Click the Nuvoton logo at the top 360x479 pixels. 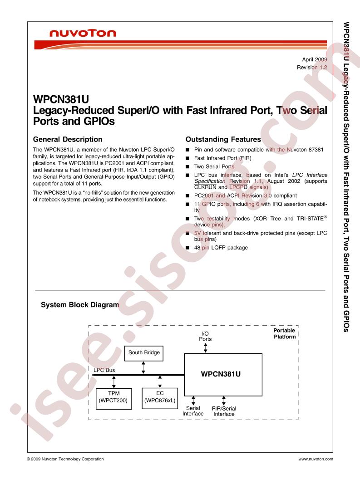coord(83,33)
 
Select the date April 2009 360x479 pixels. coord(315,59)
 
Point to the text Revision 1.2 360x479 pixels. coord(312,67)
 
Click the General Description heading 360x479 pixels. coord(68,139)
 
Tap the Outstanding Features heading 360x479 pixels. coord(223,139)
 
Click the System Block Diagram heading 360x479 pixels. coord(80,304)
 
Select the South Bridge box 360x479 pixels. coord(144,353)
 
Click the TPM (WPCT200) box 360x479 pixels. coord(114,399)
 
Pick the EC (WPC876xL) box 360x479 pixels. coord(160,398)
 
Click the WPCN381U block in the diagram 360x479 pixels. coord(223,375)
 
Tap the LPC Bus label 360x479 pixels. coord(104,370)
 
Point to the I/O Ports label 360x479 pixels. coord(205,336)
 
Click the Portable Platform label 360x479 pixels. coord(285,333)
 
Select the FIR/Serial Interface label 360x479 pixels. coord(224,411)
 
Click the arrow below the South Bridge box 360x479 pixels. coord(143,367)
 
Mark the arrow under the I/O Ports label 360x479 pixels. coord(206,348)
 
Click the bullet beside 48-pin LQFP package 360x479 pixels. coord(187,248)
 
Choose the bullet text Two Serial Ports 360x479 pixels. coord(214,166)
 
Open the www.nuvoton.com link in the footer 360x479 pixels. coord(316,459)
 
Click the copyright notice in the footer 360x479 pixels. coord(65,459)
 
